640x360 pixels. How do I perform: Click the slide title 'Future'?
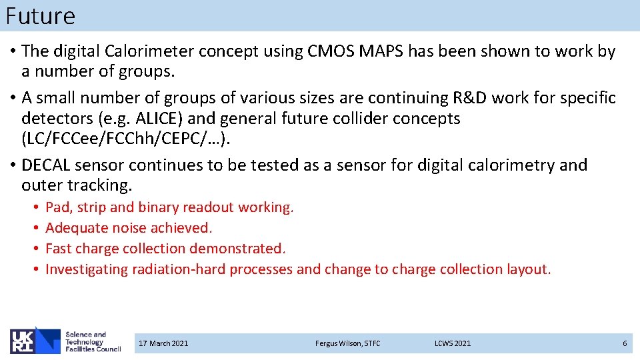click(x=40, y=15)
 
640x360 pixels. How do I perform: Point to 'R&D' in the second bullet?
click(x=471, y=98)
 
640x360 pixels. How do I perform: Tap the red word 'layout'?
click(x=526, y=269)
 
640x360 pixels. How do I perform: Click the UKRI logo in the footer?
click(x=34, y=341)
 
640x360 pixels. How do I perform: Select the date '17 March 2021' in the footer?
click(x=163, y=343)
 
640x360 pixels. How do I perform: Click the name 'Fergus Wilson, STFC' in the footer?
click(x=347, y=343)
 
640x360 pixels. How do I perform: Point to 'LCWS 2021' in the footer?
click(x=453, y=343)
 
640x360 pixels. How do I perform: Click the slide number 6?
click(x=625, y=343)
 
